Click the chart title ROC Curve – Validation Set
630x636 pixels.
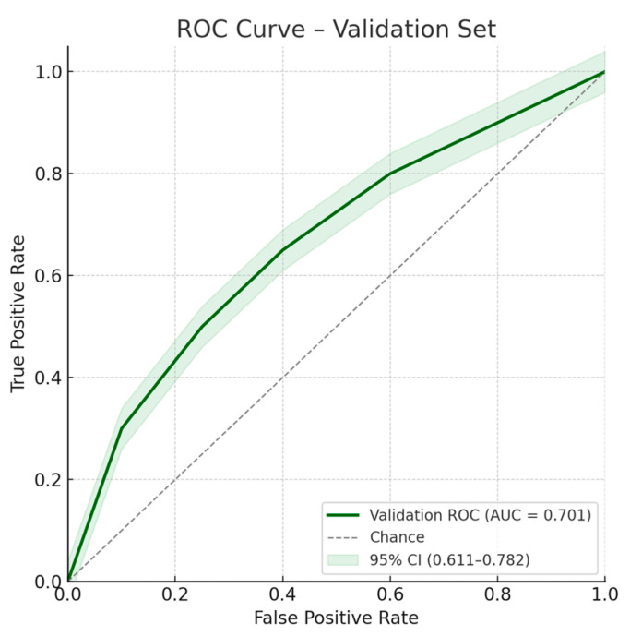(x=336, y=29)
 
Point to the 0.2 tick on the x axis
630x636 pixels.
(x=175, y=596)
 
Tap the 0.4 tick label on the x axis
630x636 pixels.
(x=282, y=596)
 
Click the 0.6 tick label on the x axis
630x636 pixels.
(x=390, y=596)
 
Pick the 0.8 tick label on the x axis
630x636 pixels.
(x=497, y=596)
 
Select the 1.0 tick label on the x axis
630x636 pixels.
(x=604, y=596)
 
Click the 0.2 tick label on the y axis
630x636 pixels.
(x=45, y=480)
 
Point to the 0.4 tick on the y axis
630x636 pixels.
(x=45, y=378)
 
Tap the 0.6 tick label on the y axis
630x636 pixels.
(x=45, y=276)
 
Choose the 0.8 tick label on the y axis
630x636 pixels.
(x=45, y=174)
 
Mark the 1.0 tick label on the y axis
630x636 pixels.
(x=45, y=71)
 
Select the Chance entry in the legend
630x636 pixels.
(x=397, y=537)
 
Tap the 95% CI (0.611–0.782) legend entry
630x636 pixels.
(x=448, y=559)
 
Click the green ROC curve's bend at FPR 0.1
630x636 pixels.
(x=122, y=428)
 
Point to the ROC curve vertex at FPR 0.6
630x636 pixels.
(x=390, y=174)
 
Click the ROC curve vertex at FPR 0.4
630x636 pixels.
(x=282, y=250)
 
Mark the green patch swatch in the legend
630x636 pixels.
(x=342, y=559)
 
